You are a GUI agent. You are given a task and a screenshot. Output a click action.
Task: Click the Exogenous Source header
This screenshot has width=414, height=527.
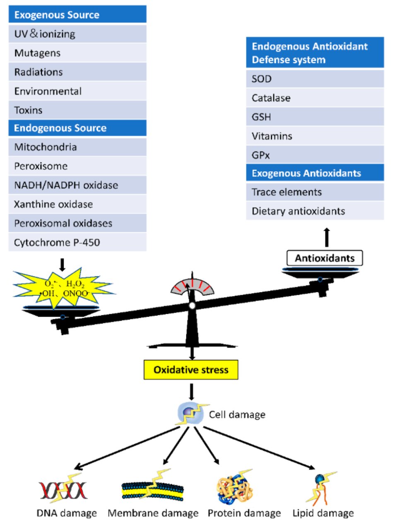tap(77, 15)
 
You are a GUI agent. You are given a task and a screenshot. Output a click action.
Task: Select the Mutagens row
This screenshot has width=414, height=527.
tap(77, 53)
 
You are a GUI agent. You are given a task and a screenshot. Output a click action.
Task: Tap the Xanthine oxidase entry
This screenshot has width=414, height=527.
tap(77, 204)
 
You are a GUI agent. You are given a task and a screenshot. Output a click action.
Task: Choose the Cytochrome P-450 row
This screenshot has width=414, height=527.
tap(77, 242)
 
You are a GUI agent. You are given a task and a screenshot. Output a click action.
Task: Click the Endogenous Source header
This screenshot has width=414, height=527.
tap(77, 128)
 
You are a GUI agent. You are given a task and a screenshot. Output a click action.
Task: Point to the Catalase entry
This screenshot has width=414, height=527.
tap(315, 98)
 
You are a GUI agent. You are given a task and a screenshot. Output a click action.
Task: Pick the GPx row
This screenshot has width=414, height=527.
tap(315, 155)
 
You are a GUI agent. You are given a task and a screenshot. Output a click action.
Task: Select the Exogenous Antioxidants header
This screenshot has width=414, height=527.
tap(315, 173)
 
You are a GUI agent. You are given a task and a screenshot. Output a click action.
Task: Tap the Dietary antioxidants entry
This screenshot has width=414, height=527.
tap(315, 211)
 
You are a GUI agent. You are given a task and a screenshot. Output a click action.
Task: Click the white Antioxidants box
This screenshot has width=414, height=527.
tap(325, 258)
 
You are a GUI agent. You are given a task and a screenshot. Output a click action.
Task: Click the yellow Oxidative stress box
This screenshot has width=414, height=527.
tap(191, 370)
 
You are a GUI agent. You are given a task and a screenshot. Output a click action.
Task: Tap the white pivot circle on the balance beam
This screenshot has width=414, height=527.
tap(192, 306)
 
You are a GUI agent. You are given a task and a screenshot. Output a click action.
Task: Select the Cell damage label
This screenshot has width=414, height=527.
tap(237, 414)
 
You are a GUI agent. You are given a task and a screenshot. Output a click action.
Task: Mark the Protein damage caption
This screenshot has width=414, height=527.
tap(244, 513)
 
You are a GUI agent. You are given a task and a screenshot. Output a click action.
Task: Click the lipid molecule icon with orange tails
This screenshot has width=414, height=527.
tap(321, 488)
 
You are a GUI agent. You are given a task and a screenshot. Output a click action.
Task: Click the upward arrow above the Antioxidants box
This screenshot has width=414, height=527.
tap(327, 237)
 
